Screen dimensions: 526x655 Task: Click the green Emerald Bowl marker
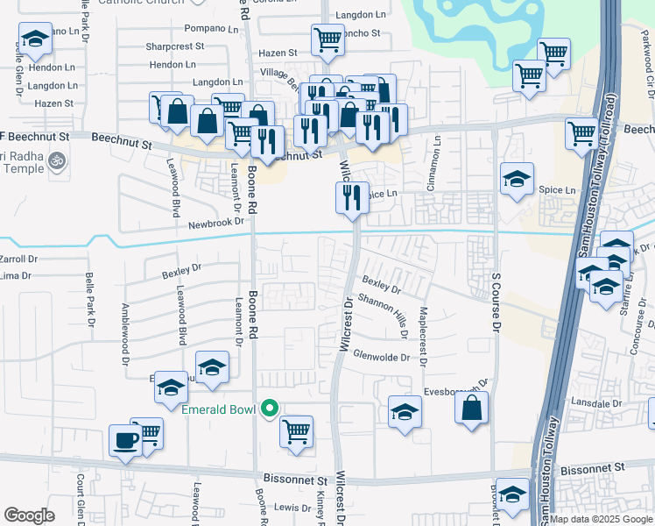point(271,409)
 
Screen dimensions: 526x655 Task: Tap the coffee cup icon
point(125,441)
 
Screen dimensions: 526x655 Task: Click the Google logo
point(29,515)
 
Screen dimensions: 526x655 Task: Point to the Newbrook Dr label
point(215,224)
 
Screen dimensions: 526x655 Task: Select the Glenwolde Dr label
point(381,357)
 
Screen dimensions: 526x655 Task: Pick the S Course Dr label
point(495,302)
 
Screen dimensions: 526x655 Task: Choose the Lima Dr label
point(18,275)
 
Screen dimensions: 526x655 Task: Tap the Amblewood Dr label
point(126,333)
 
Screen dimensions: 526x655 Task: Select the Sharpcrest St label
point(175,46)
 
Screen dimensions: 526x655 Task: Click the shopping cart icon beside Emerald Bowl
point(297,430)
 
